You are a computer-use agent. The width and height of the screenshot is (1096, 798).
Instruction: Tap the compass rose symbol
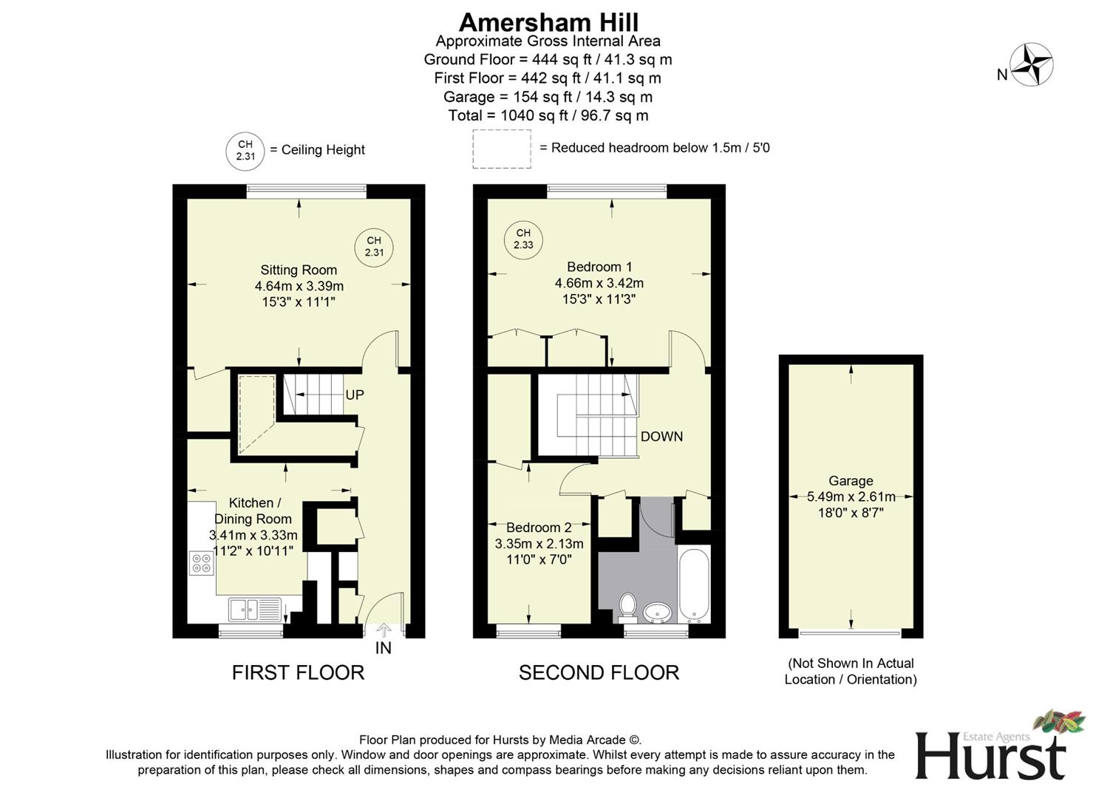tap(1031, 65)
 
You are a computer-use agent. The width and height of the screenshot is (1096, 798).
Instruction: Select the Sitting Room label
tap(299, 270)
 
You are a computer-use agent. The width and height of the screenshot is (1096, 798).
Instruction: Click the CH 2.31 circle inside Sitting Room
tap(374, 247)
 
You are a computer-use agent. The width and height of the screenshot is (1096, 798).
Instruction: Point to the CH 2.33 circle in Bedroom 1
tap(523, 239)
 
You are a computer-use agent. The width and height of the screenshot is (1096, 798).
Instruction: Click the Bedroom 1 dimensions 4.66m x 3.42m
tap(599, 283)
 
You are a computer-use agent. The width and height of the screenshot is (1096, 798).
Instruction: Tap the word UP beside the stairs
tap(355, 395)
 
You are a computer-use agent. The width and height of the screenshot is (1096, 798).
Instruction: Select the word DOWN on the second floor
tap(661, 437)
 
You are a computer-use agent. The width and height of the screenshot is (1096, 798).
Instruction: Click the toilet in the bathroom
tap(628, 605)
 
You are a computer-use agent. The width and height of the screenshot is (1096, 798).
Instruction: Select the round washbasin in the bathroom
tap(658, 613)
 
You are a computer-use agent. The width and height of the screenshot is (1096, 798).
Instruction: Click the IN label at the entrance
tap(383, 648)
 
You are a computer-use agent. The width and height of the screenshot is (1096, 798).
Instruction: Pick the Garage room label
tap(851, 481)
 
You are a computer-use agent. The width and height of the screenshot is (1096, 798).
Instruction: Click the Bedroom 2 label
tap(539, 528)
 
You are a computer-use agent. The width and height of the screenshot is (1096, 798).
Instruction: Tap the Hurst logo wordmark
tap(990, 755)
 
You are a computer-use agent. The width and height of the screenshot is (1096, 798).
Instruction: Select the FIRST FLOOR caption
tap(298, 672)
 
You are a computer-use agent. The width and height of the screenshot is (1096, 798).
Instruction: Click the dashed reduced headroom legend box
tap(502, 149)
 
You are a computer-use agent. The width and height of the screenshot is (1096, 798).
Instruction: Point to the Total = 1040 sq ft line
tap(548, 116)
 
